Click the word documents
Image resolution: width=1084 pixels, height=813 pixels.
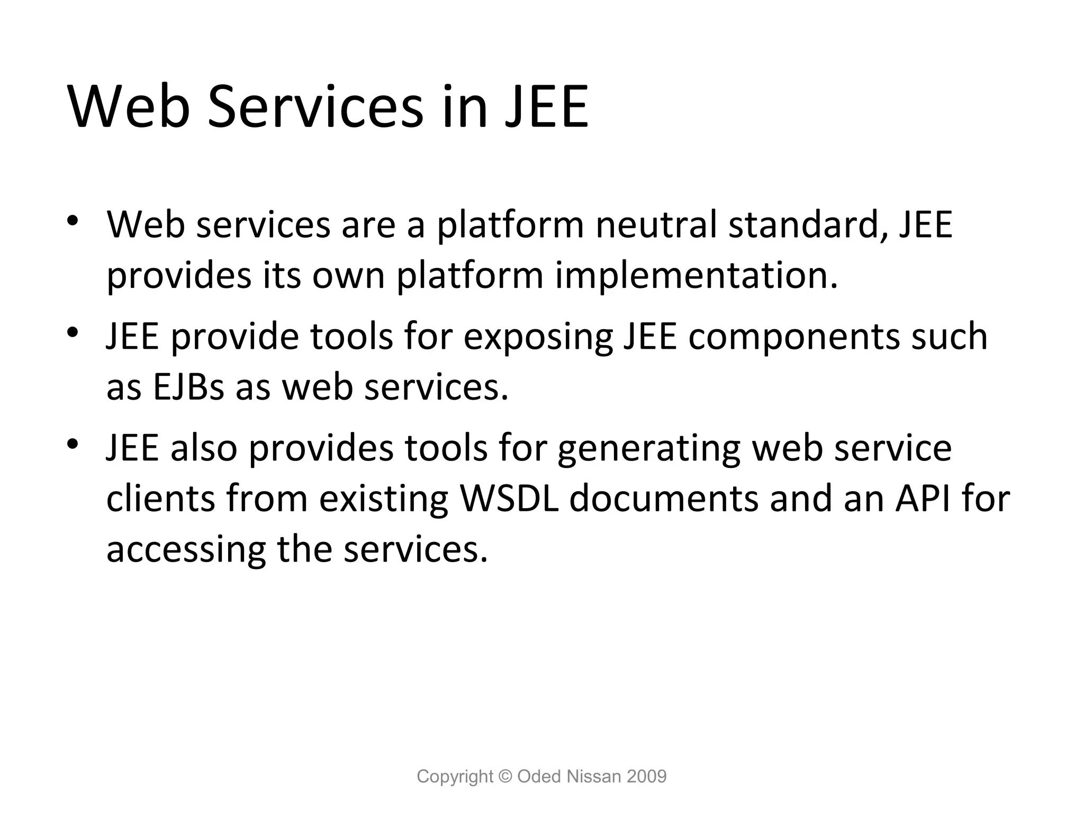point(664,499)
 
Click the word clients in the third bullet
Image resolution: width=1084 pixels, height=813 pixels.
point(161,499)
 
